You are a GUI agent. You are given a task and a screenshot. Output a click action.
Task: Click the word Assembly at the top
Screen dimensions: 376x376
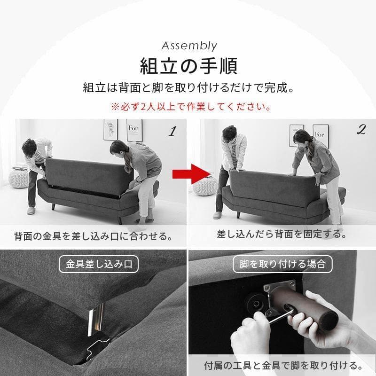[189, 46]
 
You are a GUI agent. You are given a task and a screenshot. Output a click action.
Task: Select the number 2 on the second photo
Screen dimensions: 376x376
[361, 130]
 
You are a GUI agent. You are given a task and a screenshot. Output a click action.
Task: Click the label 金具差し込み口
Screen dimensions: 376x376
[99, 264]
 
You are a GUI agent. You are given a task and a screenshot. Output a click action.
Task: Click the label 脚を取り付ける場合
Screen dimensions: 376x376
[282, 264]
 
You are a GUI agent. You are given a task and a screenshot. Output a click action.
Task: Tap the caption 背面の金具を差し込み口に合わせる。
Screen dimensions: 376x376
[93, 235]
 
